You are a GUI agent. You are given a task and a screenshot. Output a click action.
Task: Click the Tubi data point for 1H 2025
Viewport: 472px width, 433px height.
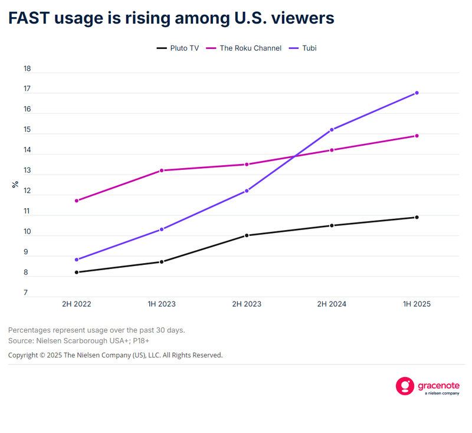(417, 93)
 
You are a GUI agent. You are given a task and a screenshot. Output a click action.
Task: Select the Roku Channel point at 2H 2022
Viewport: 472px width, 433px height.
(77, 201)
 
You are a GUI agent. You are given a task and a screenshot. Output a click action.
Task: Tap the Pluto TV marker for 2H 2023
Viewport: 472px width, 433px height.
(247, 235)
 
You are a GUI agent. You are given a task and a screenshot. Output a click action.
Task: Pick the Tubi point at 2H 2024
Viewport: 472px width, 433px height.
(332, 129)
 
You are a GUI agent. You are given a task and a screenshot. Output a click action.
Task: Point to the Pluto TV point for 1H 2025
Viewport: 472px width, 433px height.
(417, 217)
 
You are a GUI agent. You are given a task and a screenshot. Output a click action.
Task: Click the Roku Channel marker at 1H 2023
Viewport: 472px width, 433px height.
(162, 170)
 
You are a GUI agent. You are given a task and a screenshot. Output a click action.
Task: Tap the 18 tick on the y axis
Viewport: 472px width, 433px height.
(27, 68)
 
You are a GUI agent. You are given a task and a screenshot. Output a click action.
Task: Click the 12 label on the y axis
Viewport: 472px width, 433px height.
(27, 191)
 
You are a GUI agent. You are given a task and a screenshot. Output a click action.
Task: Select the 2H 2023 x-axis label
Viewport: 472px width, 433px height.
(247, 304)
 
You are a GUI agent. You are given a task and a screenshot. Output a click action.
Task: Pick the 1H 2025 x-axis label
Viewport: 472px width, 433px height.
(417, 304)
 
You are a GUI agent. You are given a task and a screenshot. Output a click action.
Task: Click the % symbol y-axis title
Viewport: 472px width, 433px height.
(15, 184)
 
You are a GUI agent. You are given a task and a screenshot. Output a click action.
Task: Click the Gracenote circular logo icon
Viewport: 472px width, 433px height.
(405, 386)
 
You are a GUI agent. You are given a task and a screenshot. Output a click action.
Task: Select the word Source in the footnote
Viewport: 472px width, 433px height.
(21, 342)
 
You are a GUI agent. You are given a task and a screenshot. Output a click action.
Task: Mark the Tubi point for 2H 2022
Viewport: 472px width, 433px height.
(77, 260)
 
